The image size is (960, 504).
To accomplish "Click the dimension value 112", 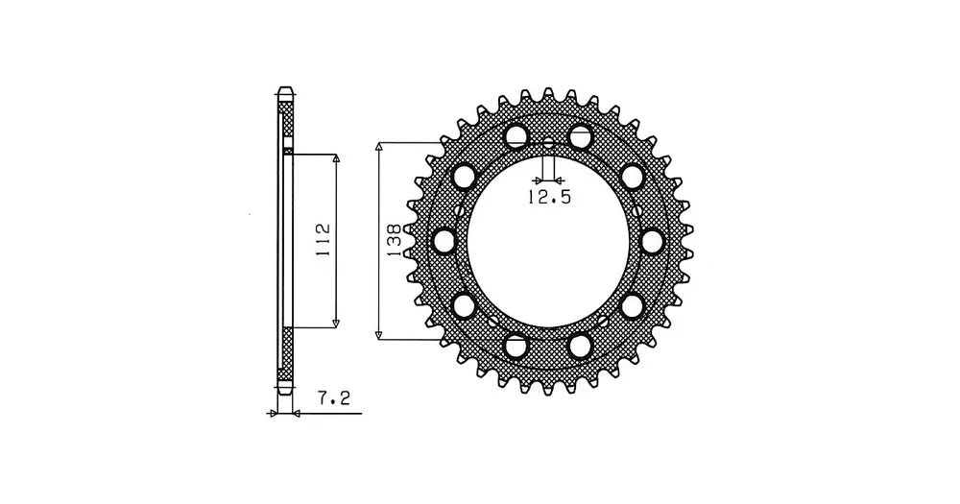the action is tap(323, 240).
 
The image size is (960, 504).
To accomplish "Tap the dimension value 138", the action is tap(394, 239).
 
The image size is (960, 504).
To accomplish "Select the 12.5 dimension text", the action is tap(549, 197).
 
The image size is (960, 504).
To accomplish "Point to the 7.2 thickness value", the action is tap(334, 398).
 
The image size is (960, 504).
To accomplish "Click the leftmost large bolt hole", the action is tap(444, 241).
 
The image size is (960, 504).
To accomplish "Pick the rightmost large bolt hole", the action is tap(653, 241).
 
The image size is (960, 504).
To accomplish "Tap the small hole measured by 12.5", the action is tap(548, 145).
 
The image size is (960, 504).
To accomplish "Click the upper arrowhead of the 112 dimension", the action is tap(335, 158).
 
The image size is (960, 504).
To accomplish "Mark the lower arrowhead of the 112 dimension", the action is tap(335, 323).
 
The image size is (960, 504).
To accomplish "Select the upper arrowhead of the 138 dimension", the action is tap(379, 147).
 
